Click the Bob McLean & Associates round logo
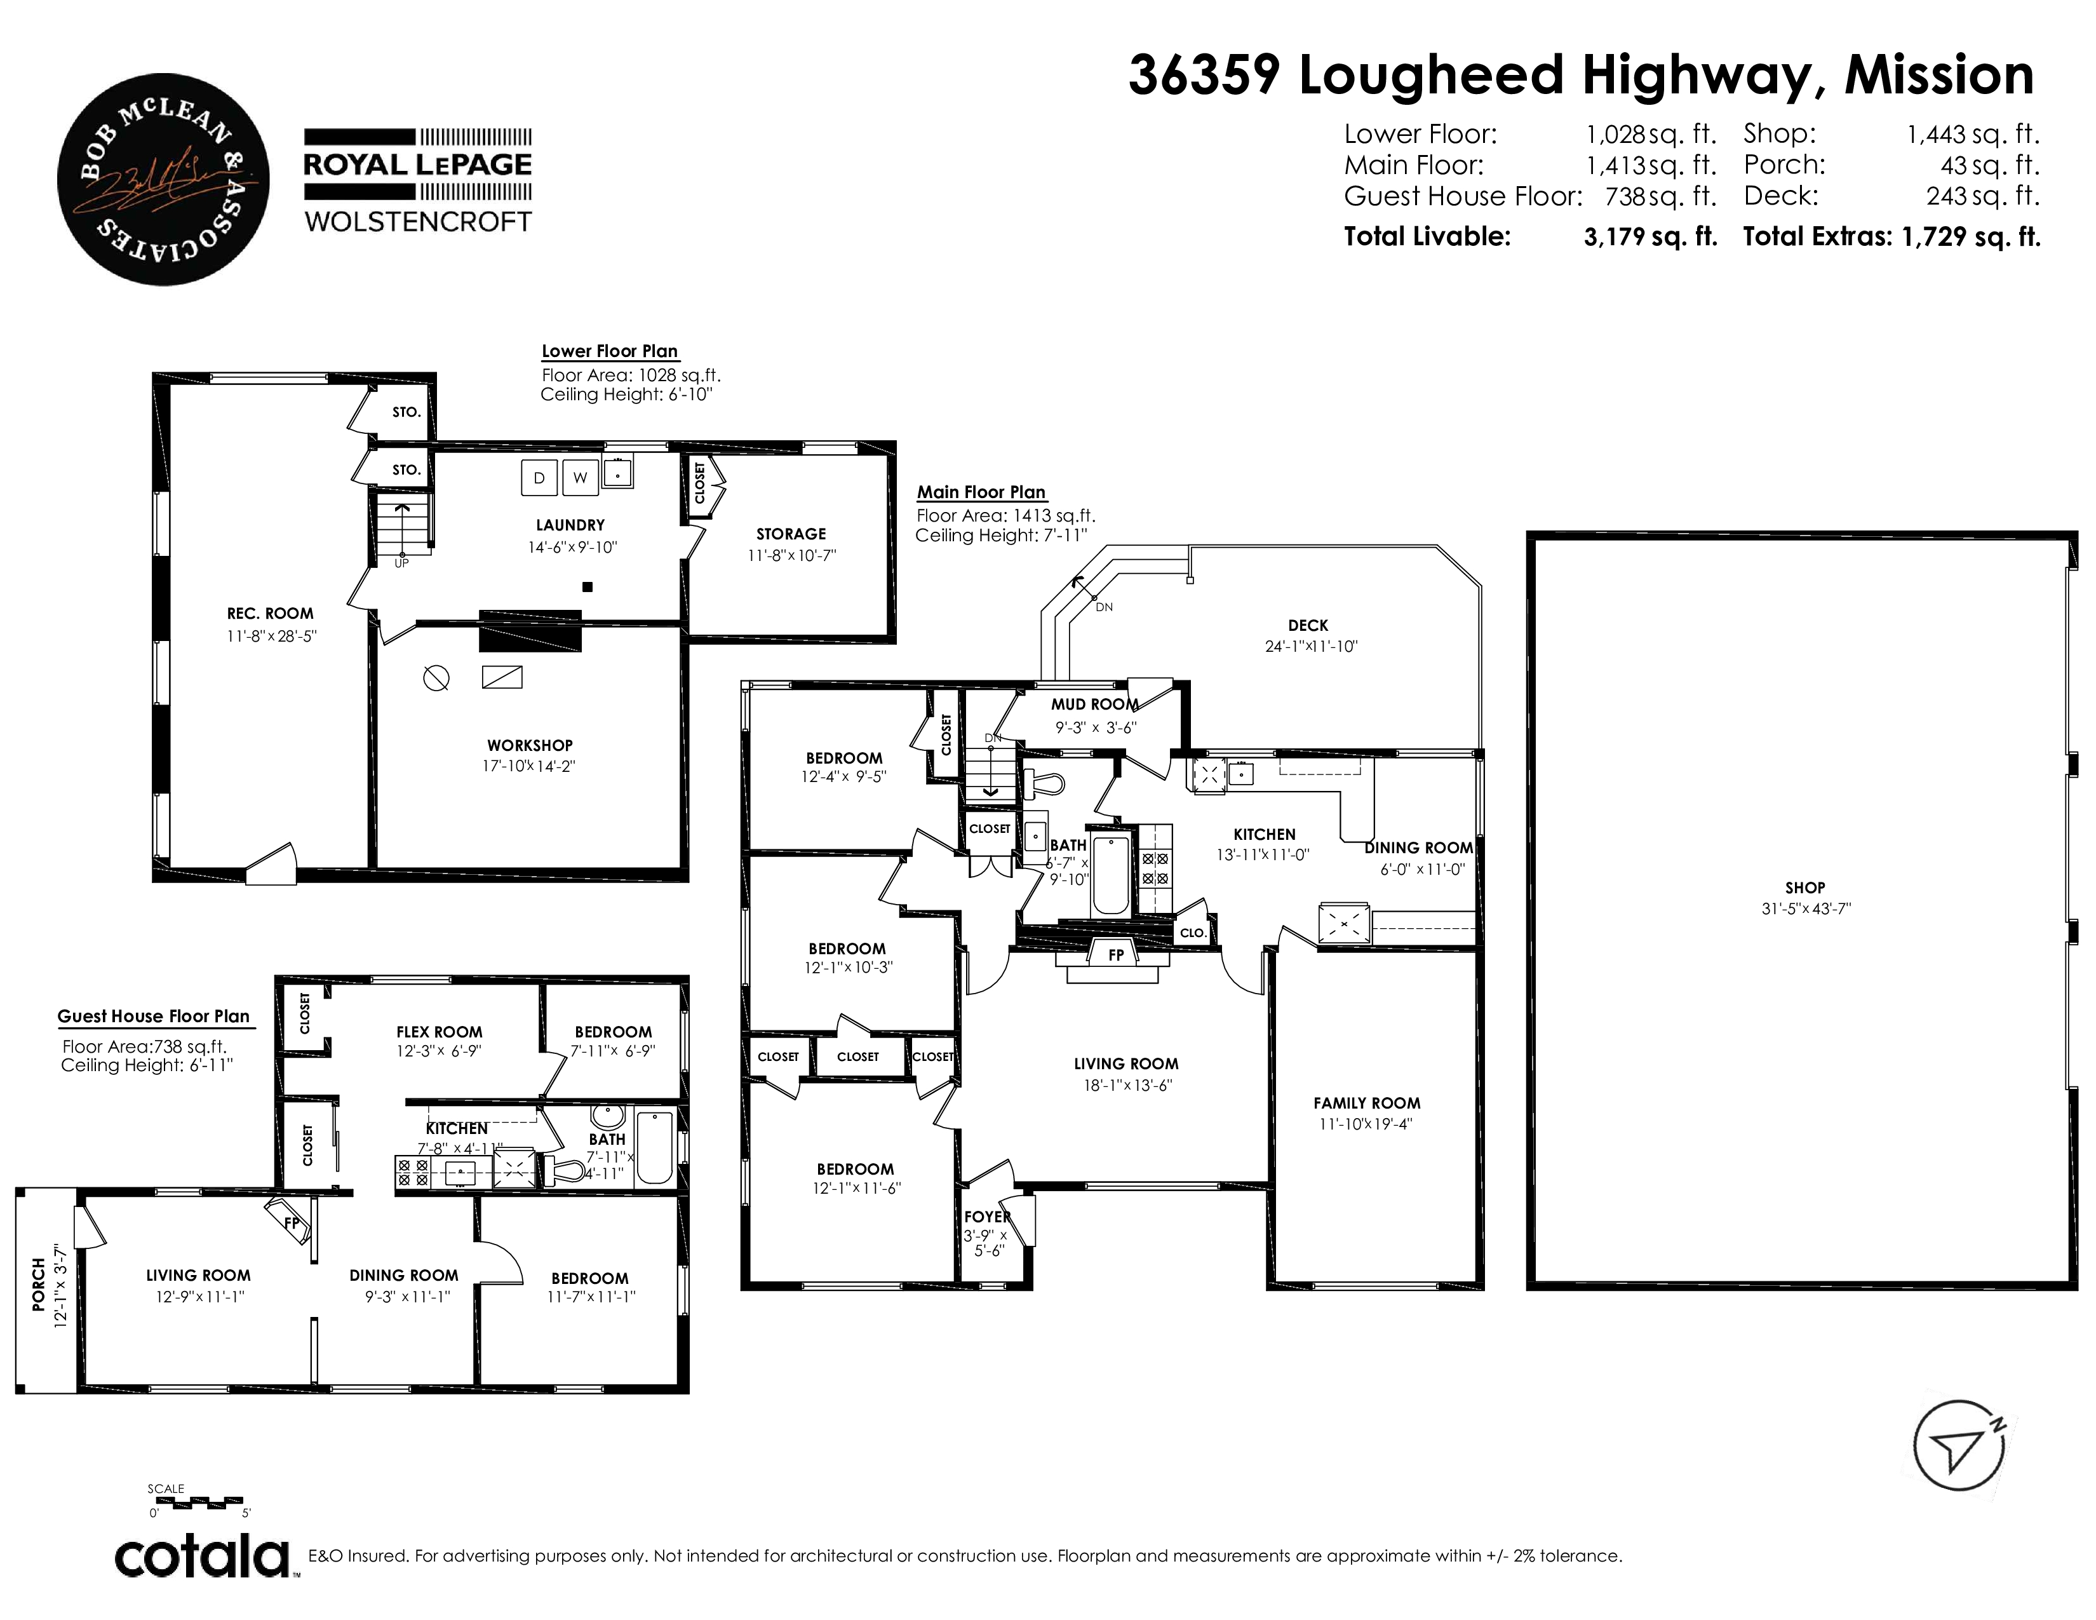[x=163, y=179]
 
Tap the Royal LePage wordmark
[x=417, y=164]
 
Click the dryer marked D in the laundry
[x=539, y=478]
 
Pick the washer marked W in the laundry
[x=580, y=478]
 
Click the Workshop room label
[x=530, y=745]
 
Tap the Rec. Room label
[x=270, y=613]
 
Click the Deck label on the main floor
[x=1308, y=624]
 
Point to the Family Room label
[x=1367, y=1103]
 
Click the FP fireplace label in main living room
[x=1115, y=955]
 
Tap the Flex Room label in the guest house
[x=440, y=1032]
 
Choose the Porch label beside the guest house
[x=38, y=1284]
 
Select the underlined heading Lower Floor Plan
[x=610, y=351]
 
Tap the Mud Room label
[x=1095, y=703]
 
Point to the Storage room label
[x=791, y=534]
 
